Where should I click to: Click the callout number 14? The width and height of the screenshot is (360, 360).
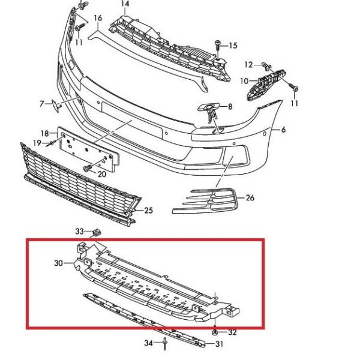pos(125,4)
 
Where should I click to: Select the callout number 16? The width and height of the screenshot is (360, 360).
pos(98,17)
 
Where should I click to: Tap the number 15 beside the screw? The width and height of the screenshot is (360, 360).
pos(233,46)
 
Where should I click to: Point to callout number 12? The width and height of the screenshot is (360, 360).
pos(248,65)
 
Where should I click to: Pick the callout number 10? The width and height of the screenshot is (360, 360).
pos(245,81)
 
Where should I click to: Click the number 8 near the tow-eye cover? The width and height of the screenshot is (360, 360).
pos(230,107)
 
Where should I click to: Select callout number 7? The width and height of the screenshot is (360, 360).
pos(42,104)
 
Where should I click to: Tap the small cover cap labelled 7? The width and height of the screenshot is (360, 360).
pos(56,106)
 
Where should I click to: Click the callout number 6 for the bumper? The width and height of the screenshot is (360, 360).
pos(284,130)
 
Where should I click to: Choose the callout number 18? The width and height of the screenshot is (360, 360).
pos(45,133)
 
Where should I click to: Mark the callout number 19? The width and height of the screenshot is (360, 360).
pos(37,143)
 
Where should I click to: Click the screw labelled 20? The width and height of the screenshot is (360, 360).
pos(87,169)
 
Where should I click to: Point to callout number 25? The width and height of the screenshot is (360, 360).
pos(149,211)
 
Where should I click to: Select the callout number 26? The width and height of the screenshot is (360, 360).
pos(250,197)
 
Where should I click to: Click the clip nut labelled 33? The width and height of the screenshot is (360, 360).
pos(97,233)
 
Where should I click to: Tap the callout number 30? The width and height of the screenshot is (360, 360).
pos(59,263)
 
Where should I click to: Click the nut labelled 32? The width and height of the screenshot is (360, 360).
pos(215,332)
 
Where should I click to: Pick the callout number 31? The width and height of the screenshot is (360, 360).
pos(219,344)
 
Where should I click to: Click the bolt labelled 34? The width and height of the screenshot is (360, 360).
pos(165,344)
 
